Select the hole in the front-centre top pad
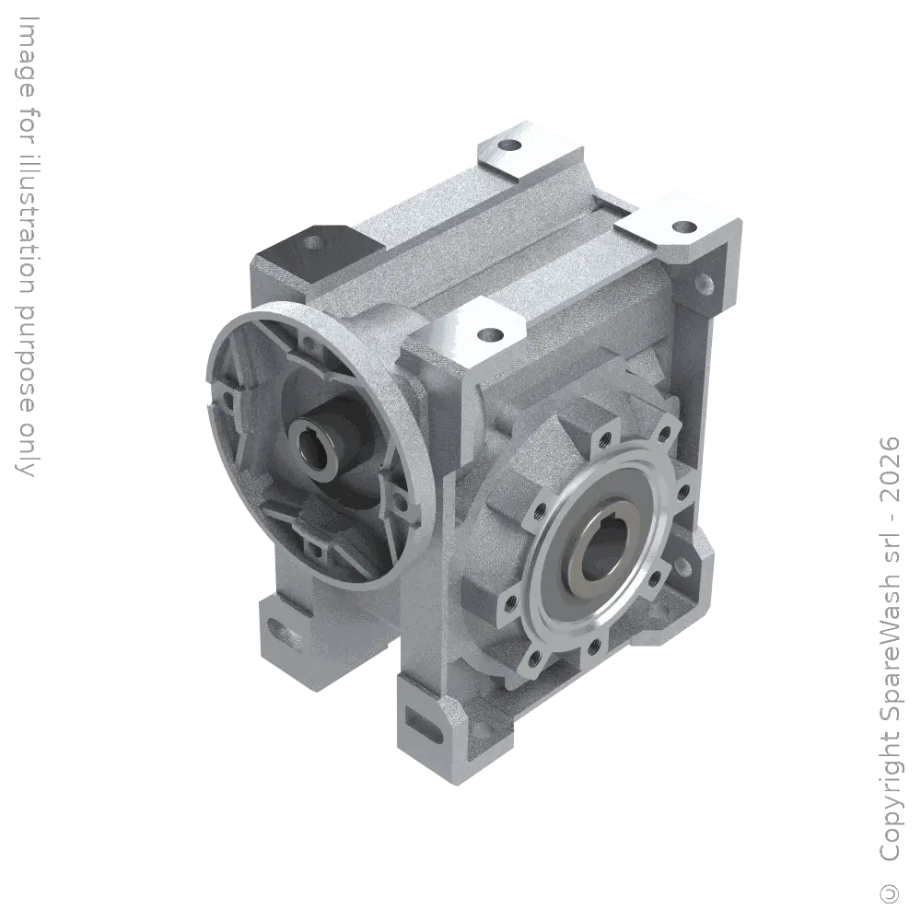point(490,333)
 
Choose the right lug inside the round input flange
point(398,502)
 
